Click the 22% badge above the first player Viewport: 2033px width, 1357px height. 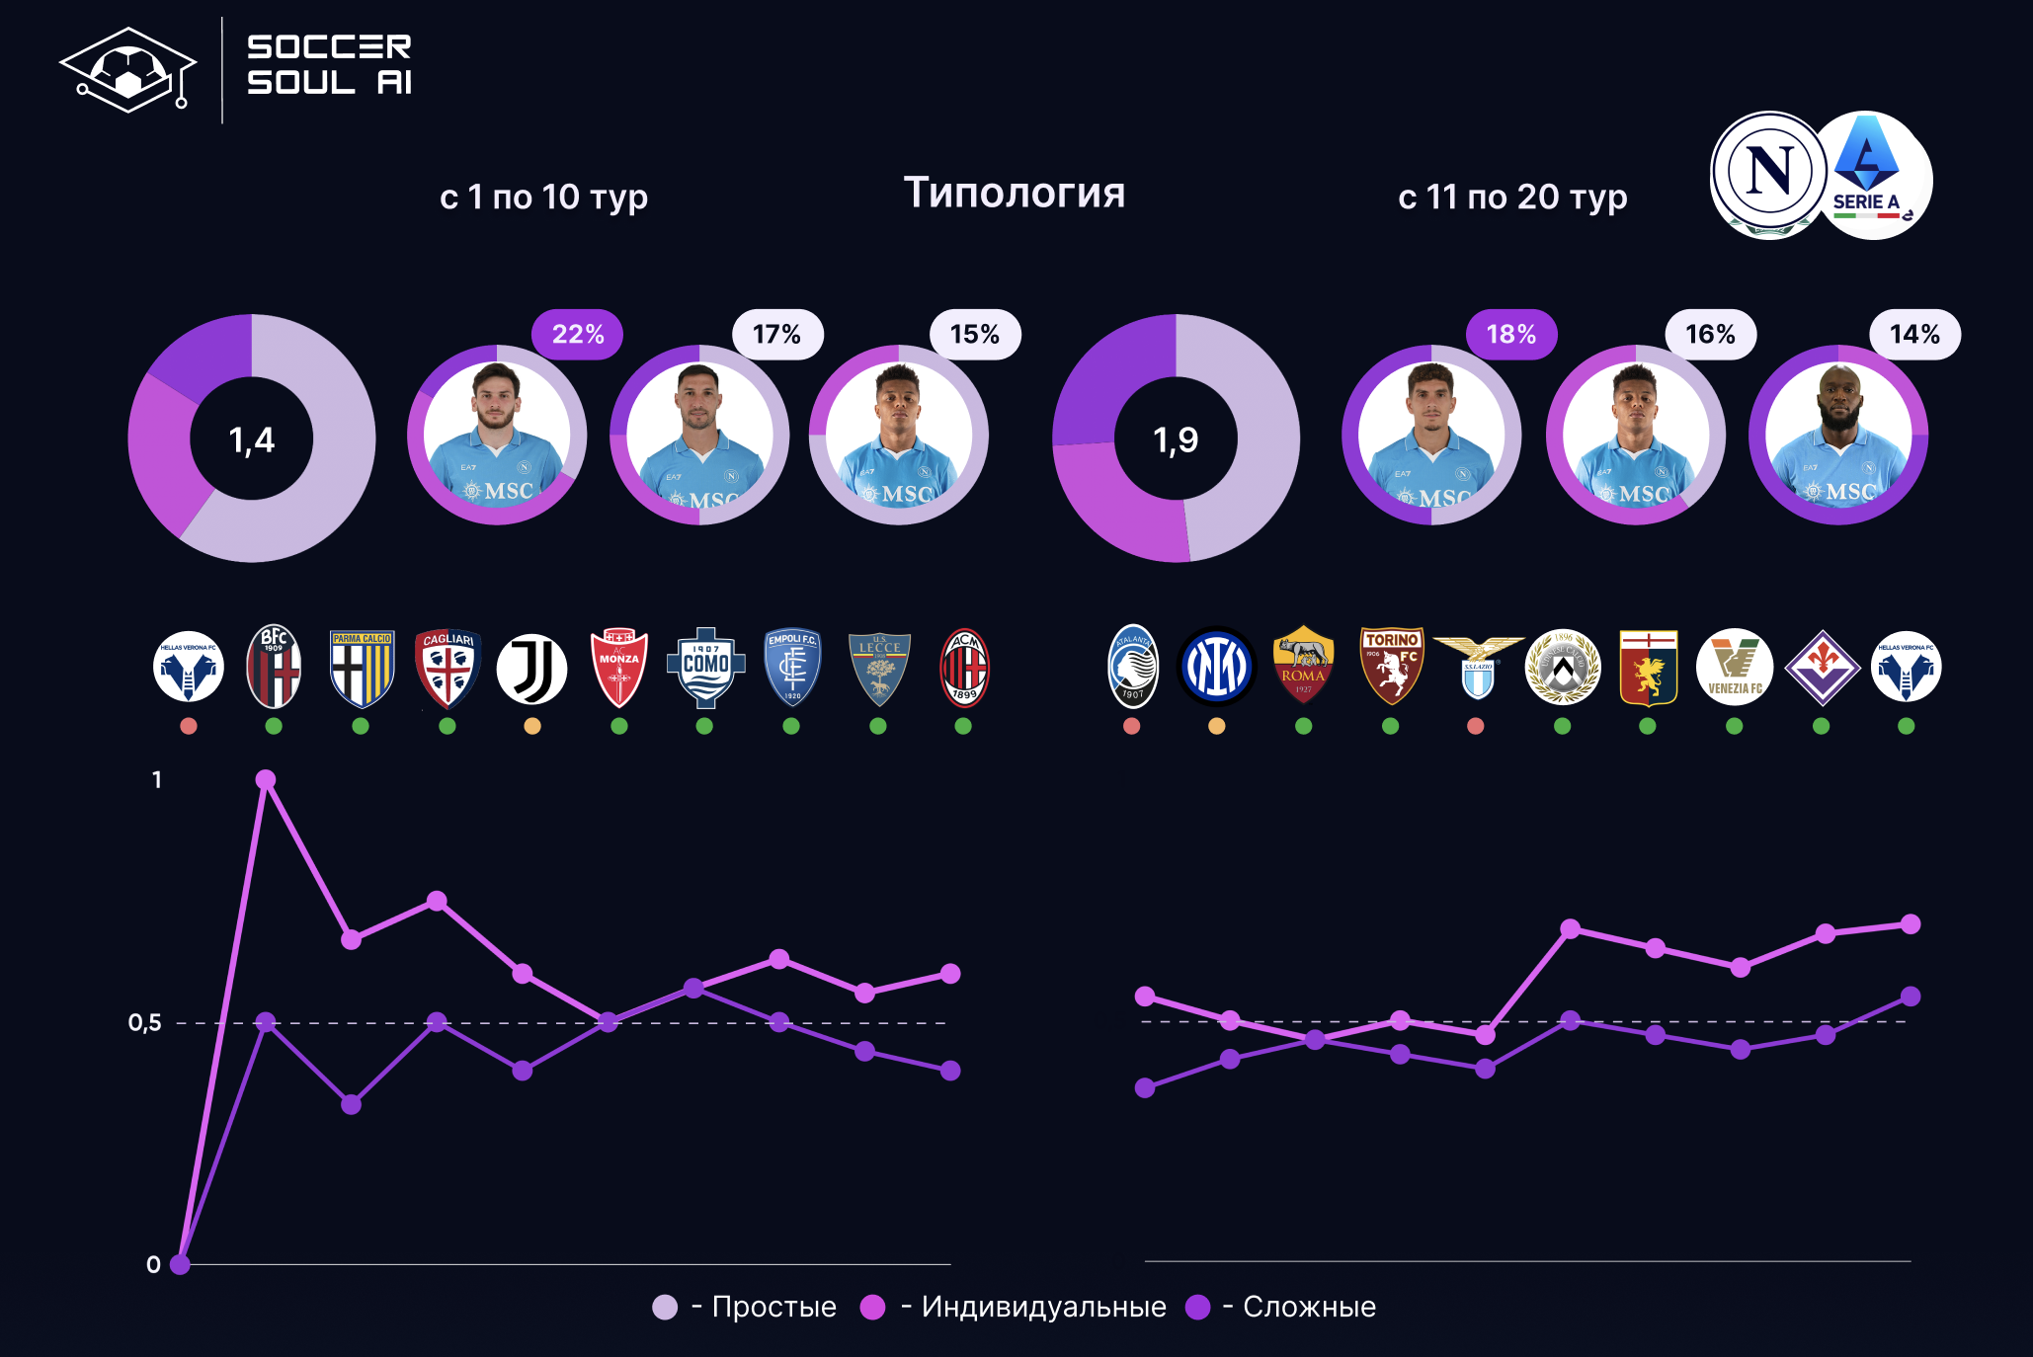578,335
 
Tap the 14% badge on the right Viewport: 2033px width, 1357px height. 1914,335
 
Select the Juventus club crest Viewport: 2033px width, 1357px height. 531,669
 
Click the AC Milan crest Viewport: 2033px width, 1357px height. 964,669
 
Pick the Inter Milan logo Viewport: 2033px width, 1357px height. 1216,668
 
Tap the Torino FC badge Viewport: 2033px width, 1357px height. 1391,666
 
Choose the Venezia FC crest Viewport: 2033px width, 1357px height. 1735,668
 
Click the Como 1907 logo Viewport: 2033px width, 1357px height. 705,668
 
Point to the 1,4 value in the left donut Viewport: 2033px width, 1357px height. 251,439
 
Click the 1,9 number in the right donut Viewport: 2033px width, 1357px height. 1176,439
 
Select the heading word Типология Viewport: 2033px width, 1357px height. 1015,193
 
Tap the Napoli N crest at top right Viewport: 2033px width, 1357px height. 1768,173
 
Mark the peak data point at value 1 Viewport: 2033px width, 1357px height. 266,780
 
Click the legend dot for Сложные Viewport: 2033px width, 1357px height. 1197,1308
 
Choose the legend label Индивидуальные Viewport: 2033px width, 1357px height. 1043,1308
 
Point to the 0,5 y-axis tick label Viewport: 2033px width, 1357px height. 145,1023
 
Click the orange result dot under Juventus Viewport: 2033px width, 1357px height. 532,727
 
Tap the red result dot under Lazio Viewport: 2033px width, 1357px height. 1476,727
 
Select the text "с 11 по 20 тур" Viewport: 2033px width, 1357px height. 1512,198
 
